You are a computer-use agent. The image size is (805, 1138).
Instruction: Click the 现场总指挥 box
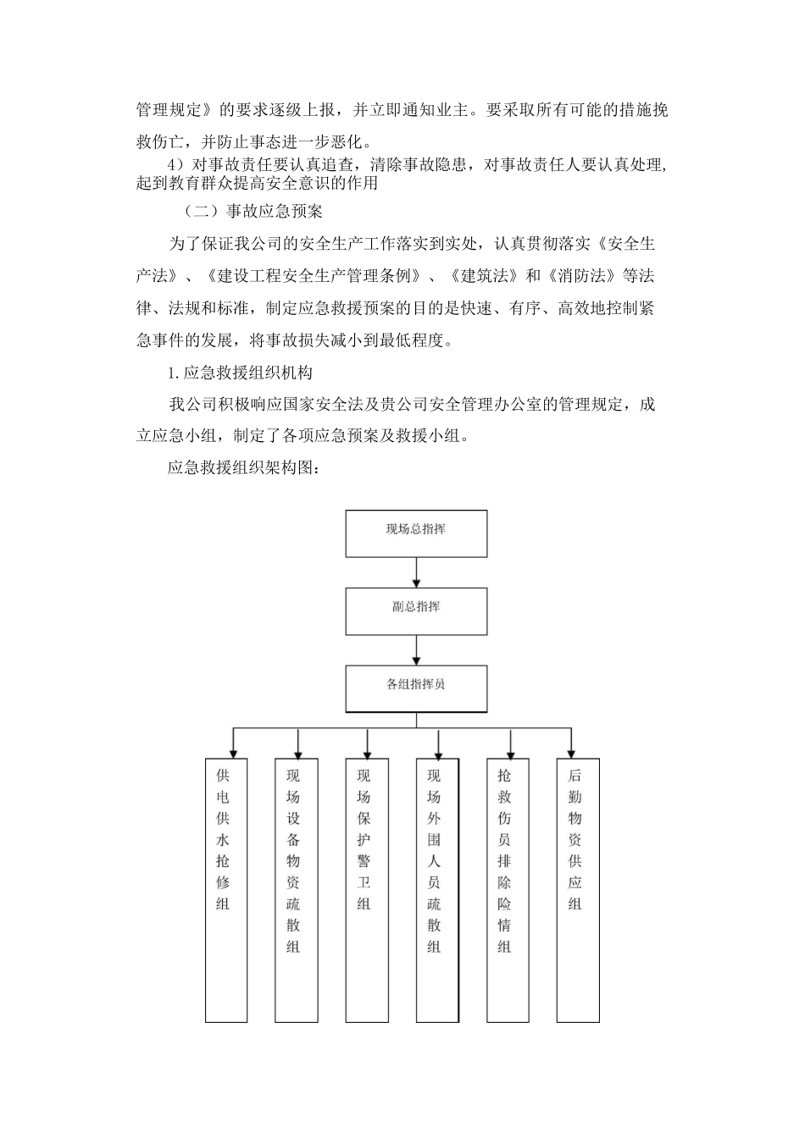[416, 533]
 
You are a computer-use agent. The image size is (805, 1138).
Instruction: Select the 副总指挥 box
[416, 610]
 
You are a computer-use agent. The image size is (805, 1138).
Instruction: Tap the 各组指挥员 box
[416, 688]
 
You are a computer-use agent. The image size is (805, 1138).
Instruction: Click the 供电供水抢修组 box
[226, 889]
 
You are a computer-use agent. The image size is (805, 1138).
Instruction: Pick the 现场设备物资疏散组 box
[296, 889]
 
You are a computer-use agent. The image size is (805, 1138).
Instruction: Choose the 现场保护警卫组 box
[366, 889]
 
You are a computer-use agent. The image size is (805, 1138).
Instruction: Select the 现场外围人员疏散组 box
[436, 889]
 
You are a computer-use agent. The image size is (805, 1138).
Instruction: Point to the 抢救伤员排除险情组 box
[508, 889]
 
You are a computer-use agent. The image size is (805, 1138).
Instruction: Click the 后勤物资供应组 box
[578, 889]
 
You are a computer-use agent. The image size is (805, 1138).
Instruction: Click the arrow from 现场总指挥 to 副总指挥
[416, 572]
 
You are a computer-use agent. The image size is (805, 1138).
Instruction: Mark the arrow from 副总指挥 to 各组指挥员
[416, 649]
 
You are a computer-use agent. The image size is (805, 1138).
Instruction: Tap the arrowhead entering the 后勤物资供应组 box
[572, 752]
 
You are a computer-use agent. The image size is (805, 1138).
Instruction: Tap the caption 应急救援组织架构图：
[242, 467]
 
